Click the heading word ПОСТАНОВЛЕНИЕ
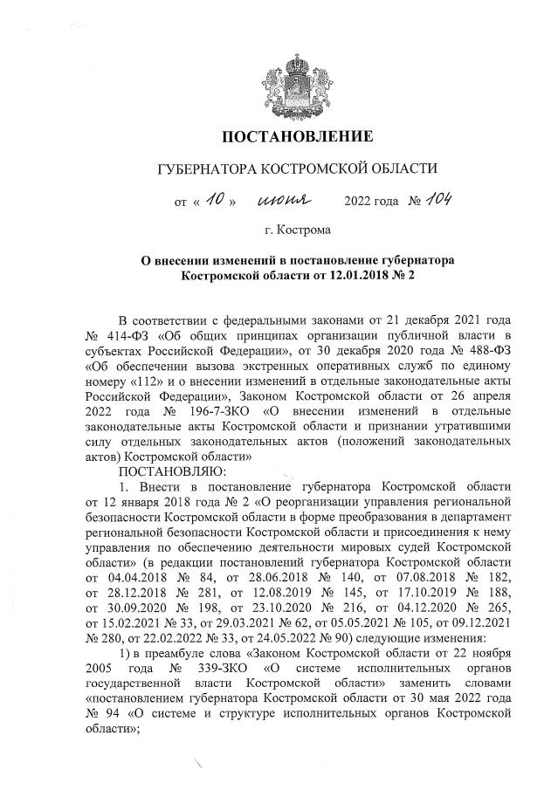tap(296, 136)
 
